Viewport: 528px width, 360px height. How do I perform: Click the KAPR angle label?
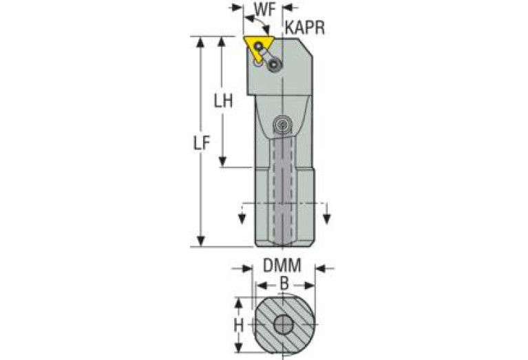pos(304,29)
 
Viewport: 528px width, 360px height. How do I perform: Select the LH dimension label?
pos(222,101)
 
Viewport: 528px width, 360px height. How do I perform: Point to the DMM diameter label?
pos(282,266)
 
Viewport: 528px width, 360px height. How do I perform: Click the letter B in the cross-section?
pos(284,284)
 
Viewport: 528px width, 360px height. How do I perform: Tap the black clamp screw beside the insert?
pos(275,65)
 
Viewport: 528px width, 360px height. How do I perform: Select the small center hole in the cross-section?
pos(283,324)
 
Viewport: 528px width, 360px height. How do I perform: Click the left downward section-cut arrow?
pos(242,218)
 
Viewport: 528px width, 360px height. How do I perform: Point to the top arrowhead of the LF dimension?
pos(201,41)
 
